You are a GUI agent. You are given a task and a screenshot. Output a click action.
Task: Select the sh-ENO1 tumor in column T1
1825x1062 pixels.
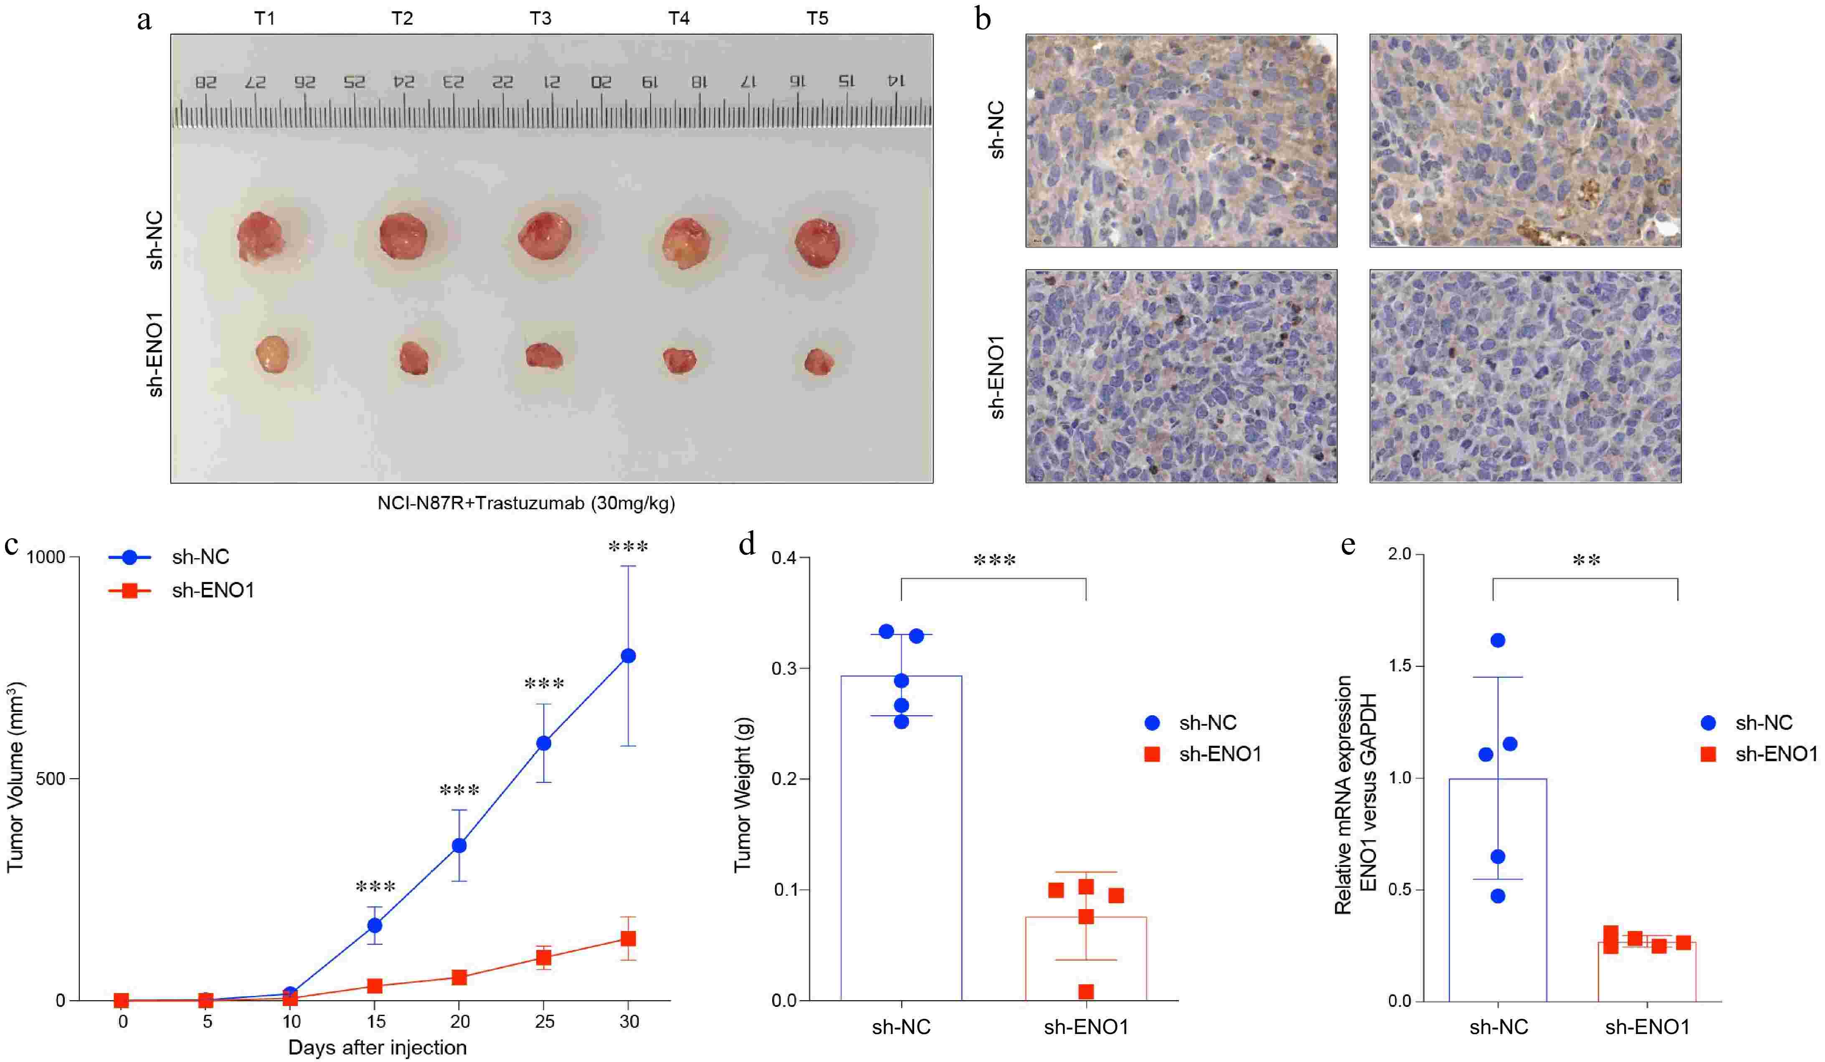(273, 353)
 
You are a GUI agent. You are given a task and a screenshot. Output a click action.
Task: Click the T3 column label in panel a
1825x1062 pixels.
(540, 18)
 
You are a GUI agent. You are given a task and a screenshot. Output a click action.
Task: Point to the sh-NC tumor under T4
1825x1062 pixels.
(685, 242)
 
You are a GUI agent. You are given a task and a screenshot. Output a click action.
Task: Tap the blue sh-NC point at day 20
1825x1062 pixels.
(459, 846)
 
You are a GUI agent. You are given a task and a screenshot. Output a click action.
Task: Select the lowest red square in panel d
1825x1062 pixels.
(1085, 991)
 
